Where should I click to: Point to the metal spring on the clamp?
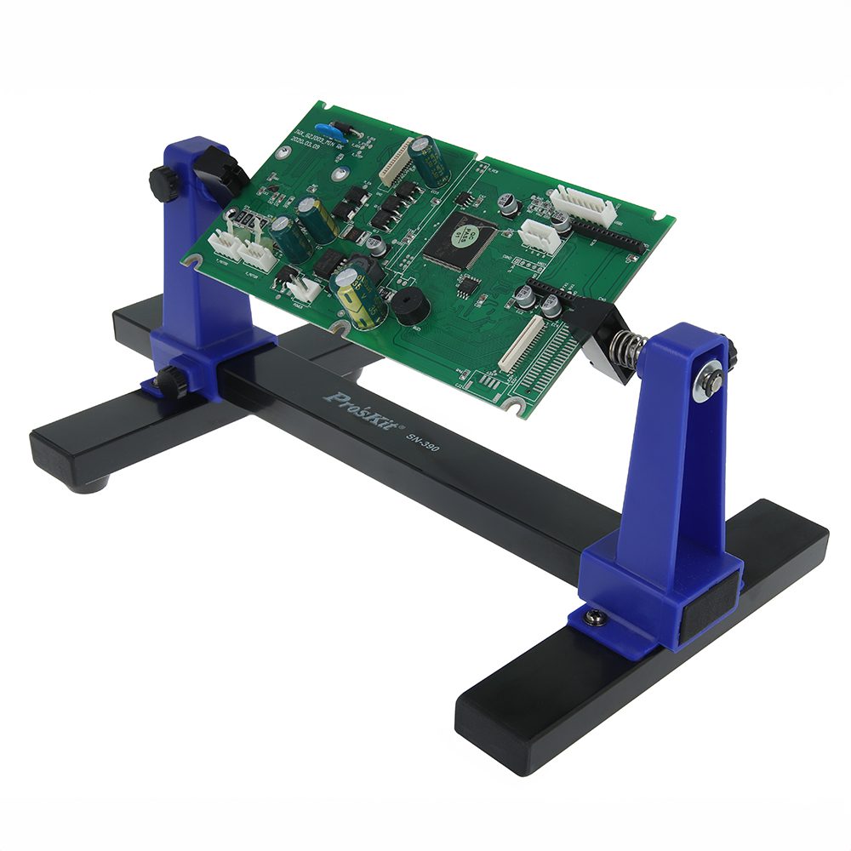(627, 349)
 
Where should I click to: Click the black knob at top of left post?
(164, 182)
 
